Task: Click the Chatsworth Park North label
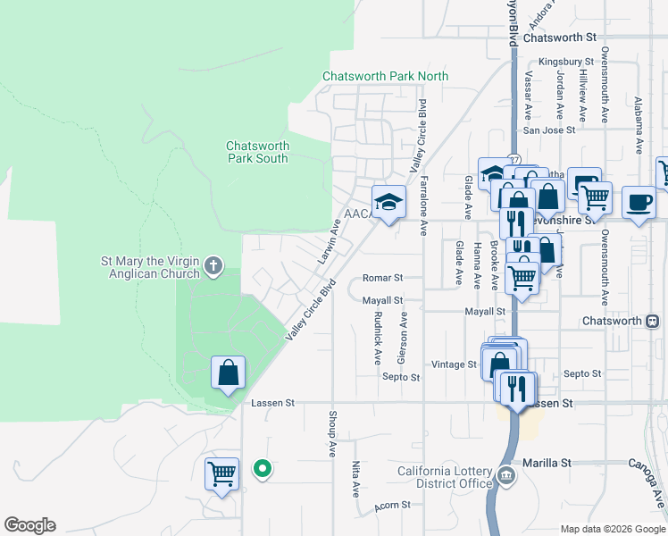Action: [385, 77]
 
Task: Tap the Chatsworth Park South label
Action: [257, 152]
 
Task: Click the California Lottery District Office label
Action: [445, 478]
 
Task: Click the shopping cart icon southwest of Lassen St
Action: [221, 474]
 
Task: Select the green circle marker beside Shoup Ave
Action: [262, 468]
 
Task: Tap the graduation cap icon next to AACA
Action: [388, 203]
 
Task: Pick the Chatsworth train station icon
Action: [658, 321]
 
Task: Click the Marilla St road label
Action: [547, 464]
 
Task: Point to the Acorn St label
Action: [393, 505]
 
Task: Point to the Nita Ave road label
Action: [355, 479]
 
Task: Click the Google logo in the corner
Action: [29, 525]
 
